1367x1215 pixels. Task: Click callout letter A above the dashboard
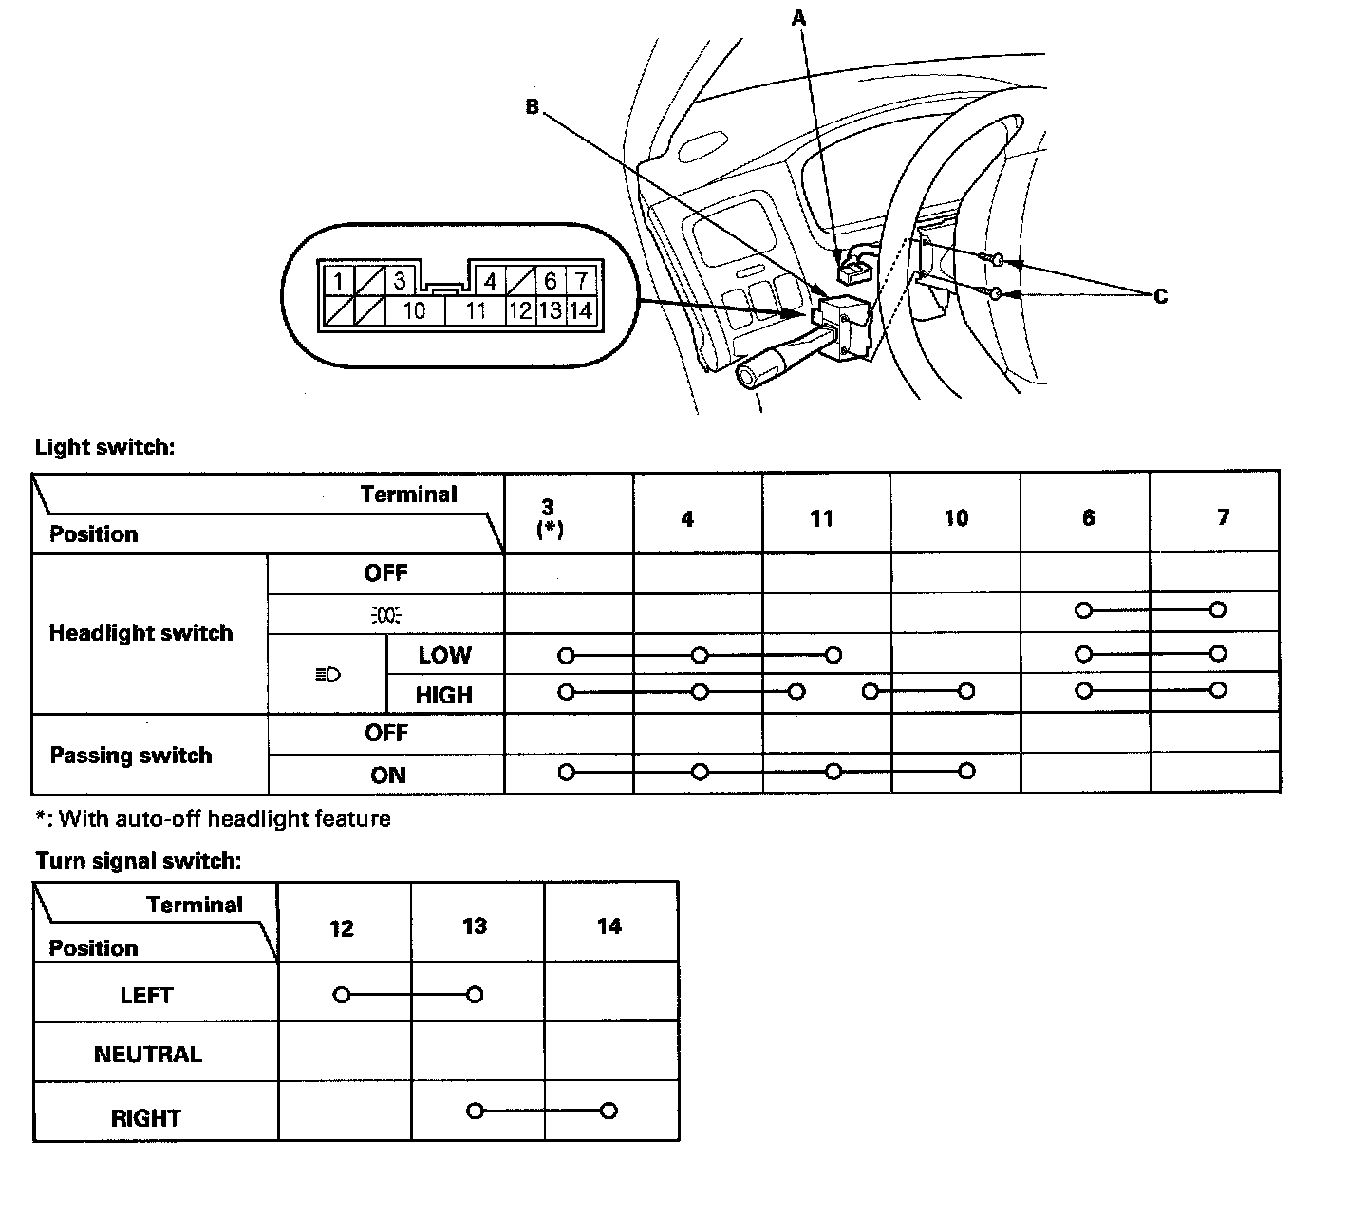[x=798, y=17]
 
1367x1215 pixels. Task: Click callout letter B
[x=532, y=107]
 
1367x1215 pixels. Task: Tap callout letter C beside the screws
[x=1160, y=296]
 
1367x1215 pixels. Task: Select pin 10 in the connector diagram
[x=414, y=310]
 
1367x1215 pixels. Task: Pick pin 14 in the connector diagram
[x=581, y=310]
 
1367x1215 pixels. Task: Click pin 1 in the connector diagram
[x=338, y=281]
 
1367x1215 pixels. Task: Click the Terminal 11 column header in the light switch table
[x=822, y=518]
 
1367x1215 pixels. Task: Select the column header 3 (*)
[x=548, y=517]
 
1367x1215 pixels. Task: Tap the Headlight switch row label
[x=140, y=633]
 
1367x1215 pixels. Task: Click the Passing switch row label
[x=131, y=756]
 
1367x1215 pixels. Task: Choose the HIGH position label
[x=443, y=695]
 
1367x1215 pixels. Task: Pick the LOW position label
[x=444, y=655]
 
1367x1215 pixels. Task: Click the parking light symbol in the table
[x=385, y=614]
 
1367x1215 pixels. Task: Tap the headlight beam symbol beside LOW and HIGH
[x=328, y=675]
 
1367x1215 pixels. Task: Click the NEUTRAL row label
[x=148, y=1055]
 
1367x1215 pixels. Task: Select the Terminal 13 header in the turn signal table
[x=475, y=926]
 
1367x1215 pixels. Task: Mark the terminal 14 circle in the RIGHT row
[x=609, y=1111]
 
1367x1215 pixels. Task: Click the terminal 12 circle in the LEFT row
[x=342, y=995]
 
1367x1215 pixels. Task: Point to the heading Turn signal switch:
[x=139, y=861]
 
